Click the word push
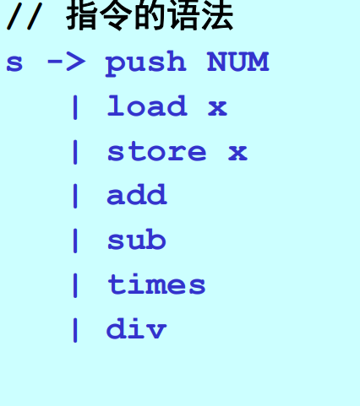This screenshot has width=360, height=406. pos(145,62)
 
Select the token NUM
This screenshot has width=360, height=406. pos(238,62)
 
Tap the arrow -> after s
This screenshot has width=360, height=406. pos(66,62)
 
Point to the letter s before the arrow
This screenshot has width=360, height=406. pos(14,62)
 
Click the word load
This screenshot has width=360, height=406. pos(147,106)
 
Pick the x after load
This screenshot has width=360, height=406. pos(217,108)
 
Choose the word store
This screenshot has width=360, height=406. pos(157,152)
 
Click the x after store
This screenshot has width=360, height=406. pos(237,153)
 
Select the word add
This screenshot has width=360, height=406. pos(137,194)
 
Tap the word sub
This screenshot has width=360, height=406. pos(137,239)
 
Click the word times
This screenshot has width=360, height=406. pos(156,284)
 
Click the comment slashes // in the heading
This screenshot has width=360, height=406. pos(25,16)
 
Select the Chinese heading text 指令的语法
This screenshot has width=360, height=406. pos(150,14)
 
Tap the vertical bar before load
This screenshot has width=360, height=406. pos(75,107)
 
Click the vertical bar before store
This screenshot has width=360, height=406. pos(75,152)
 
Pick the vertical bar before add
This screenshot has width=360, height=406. pos(75,196)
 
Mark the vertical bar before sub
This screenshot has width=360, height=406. pos(75,241)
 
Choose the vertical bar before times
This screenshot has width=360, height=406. pos(75,285)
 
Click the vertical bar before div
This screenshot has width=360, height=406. pos(75,330)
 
